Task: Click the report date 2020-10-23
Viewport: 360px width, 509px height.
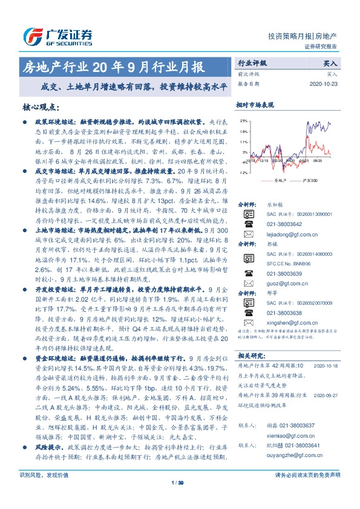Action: [327, 84]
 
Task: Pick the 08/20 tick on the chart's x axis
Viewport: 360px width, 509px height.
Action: [318, 162]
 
